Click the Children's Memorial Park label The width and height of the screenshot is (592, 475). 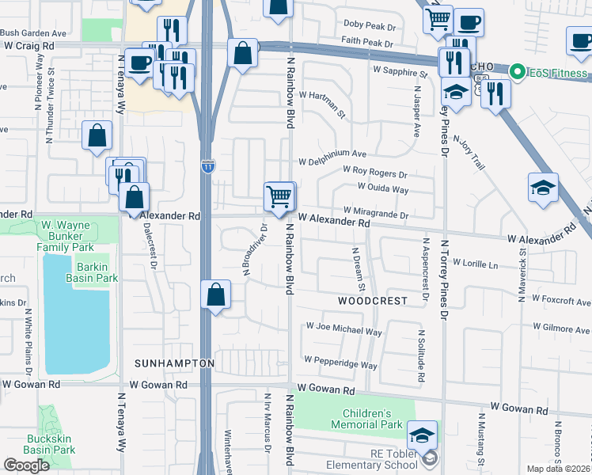point(366,420)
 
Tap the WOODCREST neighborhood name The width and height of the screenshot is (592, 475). point(373,301)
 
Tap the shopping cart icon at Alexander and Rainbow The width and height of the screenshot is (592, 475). point(279,195)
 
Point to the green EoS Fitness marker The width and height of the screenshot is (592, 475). point(518,73)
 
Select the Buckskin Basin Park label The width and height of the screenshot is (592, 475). point(49,443)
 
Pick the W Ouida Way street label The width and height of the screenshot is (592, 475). point(383,189)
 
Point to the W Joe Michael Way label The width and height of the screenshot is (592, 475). point(343,327)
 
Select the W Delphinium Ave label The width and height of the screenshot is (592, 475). point(332,154)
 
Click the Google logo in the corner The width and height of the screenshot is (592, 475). point(26,465)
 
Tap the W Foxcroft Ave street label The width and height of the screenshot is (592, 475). point(561,302)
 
